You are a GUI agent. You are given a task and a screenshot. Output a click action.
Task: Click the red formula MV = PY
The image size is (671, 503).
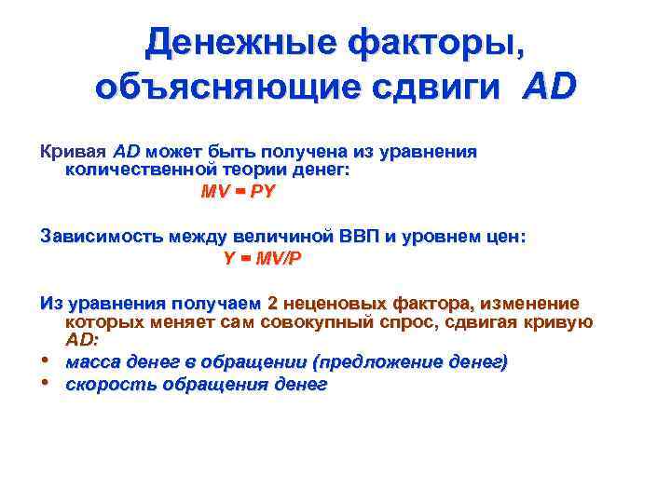pyautogui.click(x=238, y=191)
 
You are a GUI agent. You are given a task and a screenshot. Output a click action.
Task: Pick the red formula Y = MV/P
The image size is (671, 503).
pyautogui.click(x=263, y=258)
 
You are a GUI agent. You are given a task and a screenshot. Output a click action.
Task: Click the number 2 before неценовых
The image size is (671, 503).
pyautogui.click(x=273, y=303)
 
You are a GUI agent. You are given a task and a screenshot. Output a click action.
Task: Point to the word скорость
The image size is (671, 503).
pyautogui.click(x=105, y=384)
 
